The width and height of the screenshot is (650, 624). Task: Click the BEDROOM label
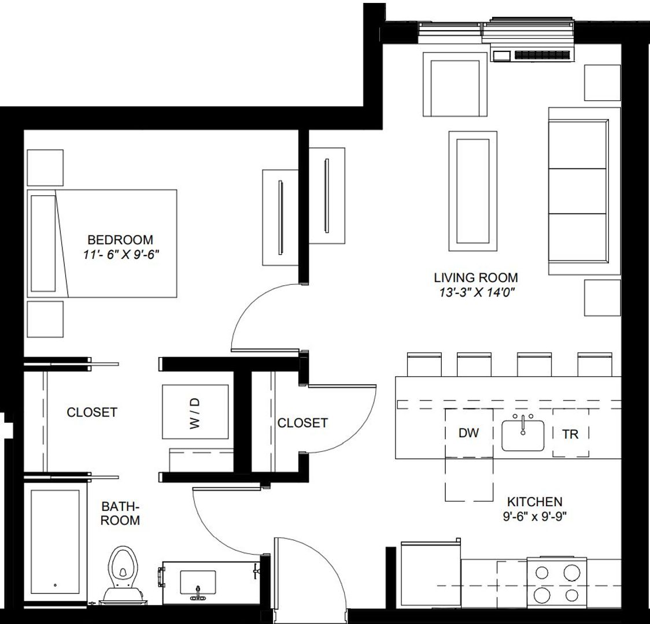(x=120, y=239)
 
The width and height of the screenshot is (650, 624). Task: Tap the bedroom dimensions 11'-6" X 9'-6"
(x=120, y=253)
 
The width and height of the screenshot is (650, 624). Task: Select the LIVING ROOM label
(x=475, y=277)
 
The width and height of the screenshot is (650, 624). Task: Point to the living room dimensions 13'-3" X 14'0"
(x=475, y=292)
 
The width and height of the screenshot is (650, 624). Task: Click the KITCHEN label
(x=534, y=502)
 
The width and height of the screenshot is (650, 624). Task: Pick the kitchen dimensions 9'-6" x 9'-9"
(x=534, y=516)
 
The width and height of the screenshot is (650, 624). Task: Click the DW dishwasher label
(x=468, y=433)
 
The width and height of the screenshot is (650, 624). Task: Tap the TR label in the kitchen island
(x=570, y=433)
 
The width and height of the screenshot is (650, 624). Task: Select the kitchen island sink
(x=523, y=435)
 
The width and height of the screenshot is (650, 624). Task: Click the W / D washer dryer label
(x=195, y=413)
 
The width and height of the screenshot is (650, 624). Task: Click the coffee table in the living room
(x=472, y=191)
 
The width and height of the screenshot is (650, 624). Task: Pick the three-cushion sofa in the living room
(x=578, y=191)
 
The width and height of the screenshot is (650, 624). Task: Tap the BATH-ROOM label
(x=120, y=513)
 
